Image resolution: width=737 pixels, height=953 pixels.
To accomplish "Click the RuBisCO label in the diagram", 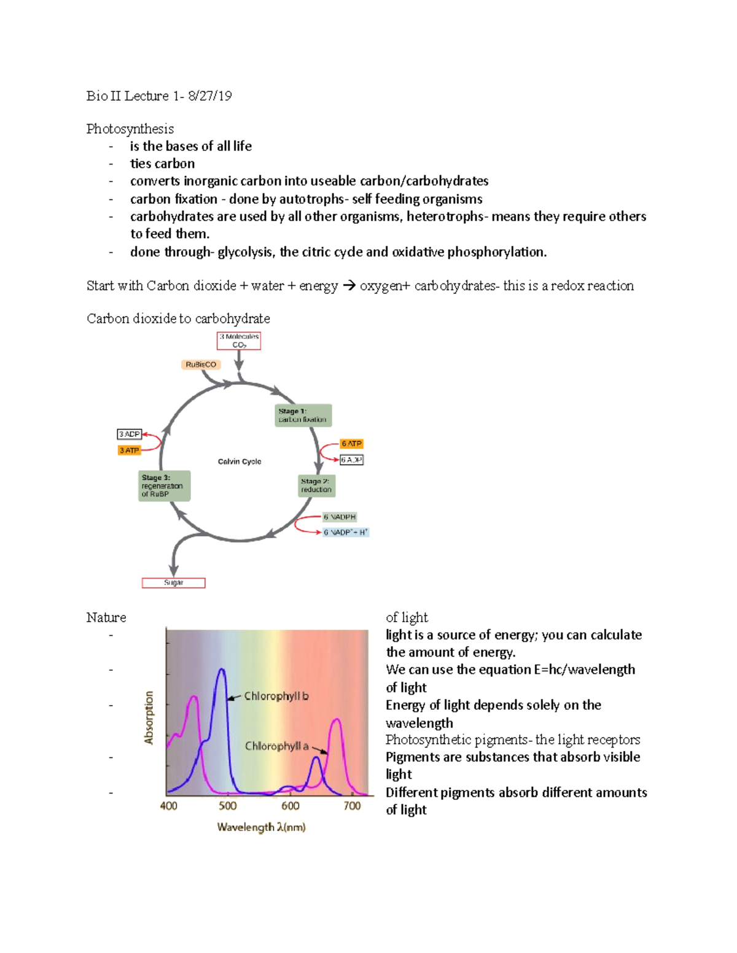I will click(201, 365).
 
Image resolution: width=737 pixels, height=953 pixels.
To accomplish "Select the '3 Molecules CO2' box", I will click(239, 341).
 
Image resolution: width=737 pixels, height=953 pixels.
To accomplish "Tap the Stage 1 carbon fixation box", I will click(303, 415).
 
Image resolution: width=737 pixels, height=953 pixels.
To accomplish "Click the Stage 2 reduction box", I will click(316, 485).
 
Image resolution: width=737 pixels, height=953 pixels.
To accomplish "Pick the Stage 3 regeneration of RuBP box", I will click(164, 486).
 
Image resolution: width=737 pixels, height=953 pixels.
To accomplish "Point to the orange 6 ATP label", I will click(352, 444).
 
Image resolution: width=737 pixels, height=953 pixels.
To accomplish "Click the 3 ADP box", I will click(130, 434).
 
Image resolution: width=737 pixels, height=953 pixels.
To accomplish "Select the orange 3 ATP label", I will click(130, 450).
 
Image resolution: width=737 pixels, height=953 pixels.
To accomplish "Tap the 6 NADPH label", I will click(340, 517).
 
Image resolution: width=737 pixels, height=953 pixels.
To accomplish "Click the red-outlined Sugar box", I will click(174, 583).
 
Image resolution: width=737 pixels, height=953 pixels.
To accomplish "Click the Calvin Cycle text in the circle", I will click(240, 461).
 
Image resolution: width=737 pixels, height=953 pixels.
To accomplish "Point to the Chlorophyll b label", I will click(276, 696).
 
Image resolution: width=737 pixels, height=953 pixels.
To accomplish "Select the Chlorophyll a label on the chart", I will click(276, 746).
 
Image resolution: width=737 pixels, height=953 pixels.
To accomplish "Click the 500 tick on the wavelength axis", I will click(228, 806).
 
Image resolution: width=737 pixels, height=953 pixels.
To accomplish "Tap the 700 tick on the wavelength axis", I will click(352, 806).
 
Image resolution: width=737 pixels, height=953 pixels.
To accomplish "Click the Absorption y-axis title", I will click(149, 718).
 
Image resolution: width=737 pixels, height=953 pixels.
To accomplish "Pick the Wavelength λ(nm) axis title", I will click(261, 827).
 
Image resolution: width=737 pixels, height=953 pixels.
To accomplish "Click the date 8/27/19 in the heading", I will click(210, 96).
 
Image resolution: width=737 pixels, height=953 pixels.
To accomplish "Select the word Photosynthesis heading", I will click(130, 129).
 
